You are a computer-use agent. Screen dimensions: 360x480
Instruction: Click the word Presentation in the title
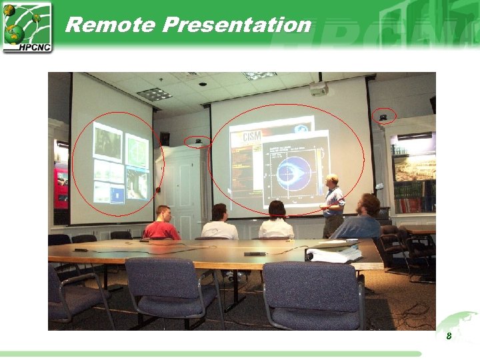(x=237, y=25)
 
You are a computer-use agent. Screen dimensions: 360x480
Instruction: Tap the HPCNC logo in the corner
(x=27, y=27)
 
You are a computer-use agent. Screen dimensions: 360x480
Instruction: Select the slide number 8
(x=449, y=336)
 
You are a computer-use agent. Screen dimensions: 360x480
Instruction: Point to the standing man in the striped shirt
(x=333, y=205)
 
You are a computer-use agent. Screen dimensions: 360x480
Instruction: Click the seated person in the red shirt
(x=161, y=225)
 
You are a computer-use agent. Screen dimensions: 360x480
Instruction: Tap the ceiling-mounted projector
(x=319, y=89)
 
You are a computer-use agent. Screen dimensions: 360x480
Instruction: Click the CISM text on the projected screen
(x=252, y=137)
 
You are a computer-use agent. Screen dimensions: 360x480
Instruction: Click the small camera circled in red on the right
(x=383, y=117)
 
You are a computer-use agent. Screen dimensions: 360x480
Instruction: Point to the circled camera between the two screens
(x=198, y=141)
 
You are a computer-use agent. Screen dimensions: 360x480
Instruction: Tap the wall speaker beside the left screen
(x=165, y=139)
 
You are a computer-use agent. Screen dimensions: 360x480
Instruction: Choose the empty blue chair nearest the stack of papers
(x=313, y=293)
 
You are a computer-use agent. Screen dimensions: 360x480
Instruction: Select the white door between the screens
(x=181, y=187)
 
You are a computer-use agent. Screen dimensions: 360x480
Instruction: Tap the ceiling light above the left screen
(x=154, y=94)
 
